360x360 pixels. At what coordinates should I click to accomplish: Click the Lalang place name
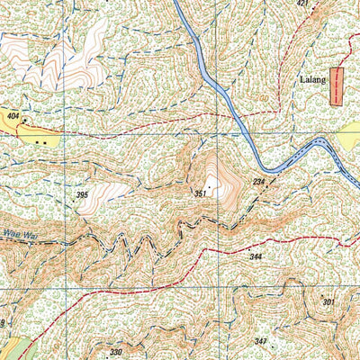point(311,79)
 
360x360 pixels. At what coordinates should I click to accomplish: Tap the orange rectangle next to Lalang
point(337,86)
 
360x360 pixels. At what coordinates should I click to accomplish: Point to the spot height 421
point(301,4)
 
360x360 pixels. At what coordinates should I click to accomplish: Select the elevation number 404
point(13,117)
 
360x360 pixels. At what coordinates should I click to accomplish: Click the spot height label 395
point(82,195)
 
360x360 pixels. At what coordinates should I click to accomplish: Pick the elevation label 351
point(200,193)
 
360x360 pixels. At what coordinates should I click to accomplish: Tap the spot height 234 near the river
point(258,183)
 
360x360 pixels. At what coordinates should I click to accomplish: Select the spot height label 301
point(328,302)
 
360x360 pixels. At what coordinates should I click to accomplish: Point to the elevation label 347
point(261,341)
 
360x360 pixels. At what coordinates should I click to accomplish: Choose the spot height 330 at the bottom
point(115,352)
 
